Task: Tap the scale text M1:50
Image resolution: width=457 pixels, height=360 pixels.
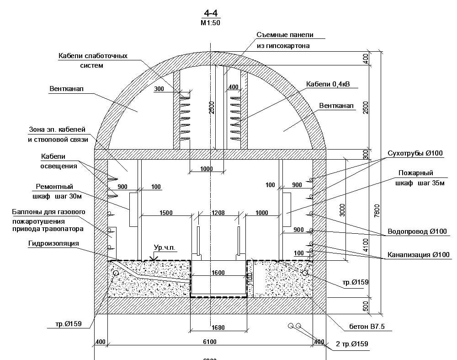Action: click(210, 22)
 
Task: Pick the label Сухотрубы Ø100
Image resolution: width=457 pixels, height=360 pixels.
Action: click(415, 153)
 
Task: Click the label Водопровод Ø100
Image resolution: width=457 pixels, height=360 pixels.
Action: click(417, 231)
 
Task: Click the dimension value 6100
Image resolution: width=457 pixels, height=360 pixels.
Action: click(210, 342)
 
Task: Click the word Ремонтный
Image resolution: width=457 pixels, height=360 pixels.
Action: click(54, 187)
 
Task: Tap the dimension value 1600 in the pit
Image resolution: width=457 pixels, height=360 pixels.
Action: click(218, 273)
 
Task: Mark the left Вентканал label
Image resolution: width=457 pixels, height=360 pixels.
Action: click(67, 87)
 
